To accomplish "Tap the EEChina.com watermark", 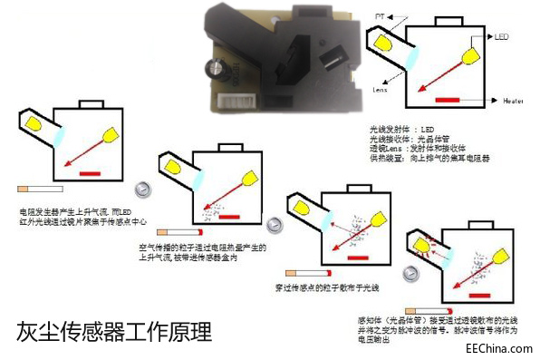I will (x=497, y=347).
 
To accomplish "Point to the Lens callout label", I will (x=381, y=90).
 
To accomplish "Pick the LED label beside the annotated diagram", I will (x=507, y=37).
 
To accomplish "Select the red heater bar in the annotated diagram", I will (x=454, y=98).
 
